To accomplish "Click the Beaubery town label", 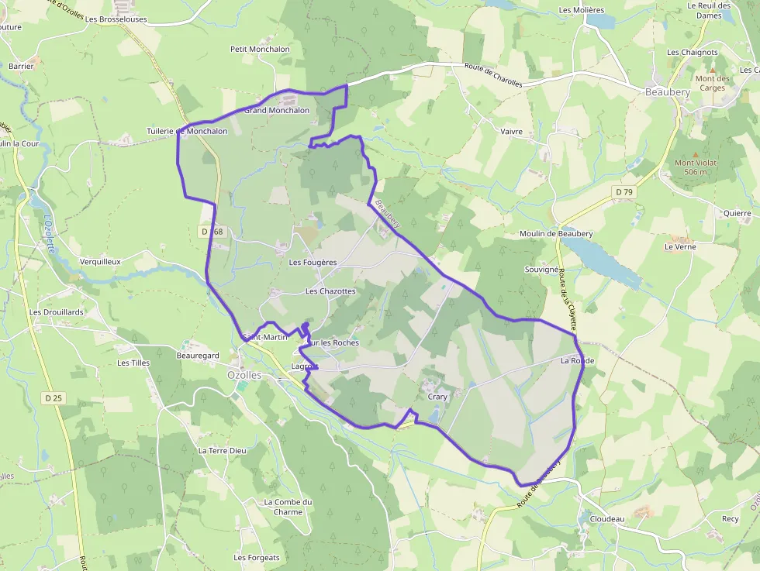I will pos(667,91).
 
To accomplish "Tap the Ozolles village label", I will pos(244,374).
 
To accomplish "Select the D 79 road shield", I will pos(623,191).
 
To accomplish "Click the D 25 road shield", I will pos(54,398).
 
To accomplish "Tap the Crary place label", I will pos(437,397).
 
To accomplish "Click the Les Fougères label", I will pos(313,263).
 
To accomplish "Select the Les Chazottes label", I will pos(330,291).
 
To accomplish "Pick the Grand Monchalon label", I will pos(277,110).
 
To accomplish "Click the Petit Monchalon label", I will pos(260,49).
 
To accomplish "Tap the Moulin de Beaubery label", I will pos(556,234).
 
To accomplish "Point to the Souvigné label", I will pos(541,270).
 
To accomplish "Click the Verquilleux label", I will pos(100,262).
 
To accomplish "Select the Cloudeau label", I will pos(607,519).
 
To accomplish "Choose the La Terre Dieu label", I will pos(222,450).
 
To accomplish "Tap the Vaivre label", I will pos(511,132).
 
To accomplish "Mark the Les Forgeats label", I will pos(257,558).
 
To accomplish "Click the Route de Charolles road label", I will pos(493,75).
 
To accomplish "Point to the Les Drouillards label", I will pos(56,312).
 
